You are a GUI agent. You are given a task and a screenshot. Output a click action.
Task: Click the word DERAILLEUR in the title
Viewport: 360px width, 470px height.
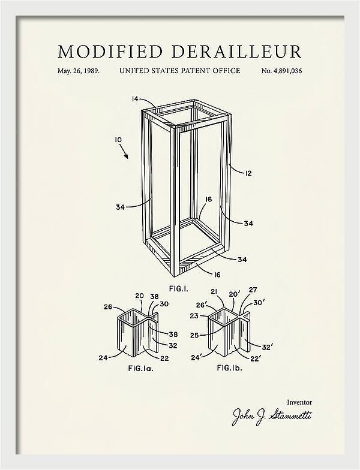[236, 52]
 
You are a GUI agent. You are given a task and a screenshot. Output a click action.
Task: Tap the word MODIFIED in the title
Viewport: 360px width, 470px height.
[110, 52]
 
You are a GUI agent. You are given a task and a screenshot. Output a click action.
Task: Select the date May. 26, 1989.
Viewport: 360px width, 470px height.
[79, 71]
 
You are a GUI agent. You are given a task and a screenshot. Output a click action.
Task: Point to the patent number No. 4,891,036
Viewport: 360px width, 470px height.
[282, 71]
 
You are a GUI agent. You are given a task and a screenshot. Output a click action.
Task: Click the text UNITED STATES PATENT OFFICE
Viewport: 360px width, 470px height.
[180, 71]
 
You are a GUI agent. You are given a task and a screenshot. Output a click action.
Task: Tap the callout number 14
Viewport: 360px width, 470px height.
[136, 98]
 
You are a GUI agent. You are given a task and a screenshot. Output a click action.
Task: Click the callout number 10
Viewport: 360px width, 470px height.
[119, 140]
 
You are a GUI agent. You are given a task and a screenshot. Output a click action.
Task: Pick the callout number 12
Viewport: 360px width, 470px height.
[248, 173]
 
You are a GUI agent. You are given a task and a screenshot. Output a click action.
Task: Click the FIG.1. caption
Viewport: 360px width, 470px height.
[179, 289]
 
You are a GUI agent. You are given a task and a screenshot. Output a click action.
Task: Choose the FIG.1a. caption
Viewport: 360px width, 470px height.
[140, 368]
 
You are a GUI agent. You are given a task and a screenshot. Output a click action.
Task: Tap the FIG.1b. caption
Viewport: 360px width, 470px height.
[229, 367]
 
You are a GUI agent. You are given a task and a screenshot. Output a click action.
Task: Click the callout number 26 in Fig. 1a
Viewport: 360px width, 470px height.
[108, 307]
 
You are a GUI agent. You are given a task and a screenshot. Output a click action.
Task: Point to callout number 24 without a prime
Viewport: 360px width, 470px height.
[103, 357]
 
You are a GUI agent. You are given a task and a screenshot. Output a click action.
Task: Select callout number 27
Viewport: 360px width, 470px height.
[253, 290]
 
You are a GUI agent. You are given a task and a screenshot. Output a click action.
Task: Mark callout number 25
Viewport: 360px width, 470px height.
[194, 335]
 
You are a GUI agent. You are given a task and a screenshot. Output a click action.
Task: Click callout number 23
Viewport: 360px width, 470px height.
[194, 315]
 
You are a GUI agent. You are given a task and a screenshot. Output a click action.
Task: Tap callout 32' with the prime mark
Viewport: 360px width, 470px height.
[268, 347]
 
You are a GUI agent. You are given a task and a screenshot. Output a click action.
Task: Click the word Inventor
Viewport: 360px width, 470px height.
[299, 402]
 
